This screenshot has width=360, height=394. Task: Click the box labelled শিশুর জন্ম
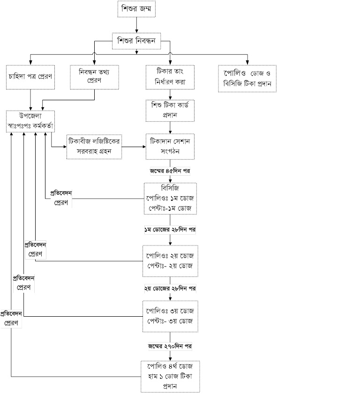click(x=136, y=9)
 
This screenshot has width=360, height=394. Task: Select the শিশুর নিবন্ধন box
click(x=136, y=41)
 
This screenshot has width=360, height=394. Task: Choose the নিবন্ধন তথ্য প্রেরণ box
click(x=95, y=77)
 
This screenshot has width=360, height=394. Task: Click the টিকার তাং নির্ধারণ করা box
click(x=170, y=77)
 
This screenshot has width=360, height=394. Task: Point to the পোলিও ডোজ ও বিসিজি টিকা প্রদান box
click(x=247, y=78)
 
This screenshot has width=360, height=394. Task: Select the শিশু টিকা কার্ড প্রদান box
click(x=170, y=110)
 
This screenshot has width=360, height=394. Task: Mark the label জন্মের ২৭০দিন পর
click(x=170, y=346)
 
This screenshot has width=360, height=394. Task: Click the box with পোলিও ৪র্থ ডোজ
click(x=170, y=376)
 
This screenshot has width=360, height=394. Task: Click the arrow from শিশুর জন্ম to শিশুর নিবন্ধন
click(x=136, y=25)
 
